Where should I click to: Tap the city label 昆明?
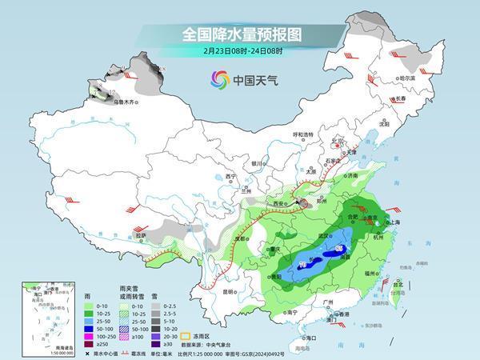230,291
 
